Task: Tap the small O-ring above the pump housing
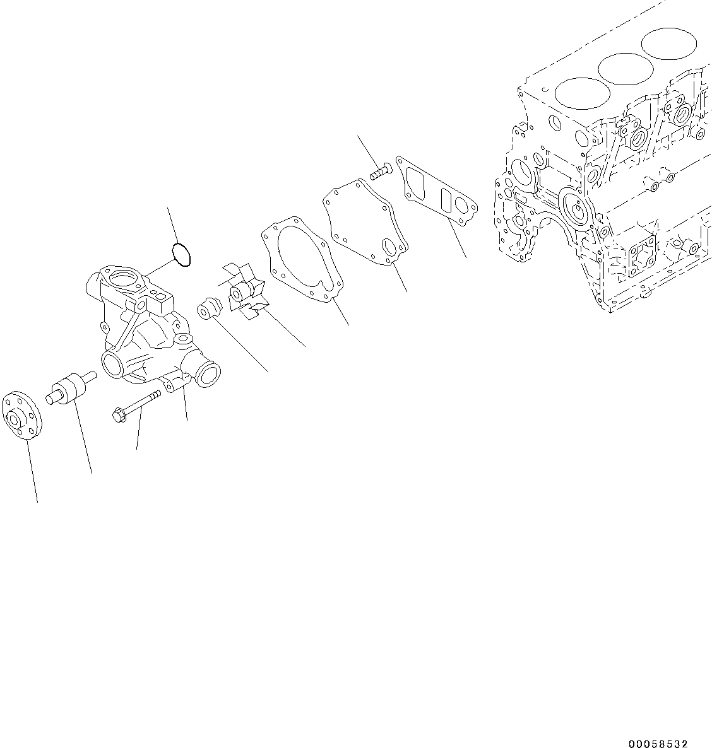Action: click(182, 255)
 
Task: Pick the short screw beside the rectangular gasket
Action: click(380, 170)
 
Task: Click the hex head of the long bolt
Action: click(118, 414)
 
